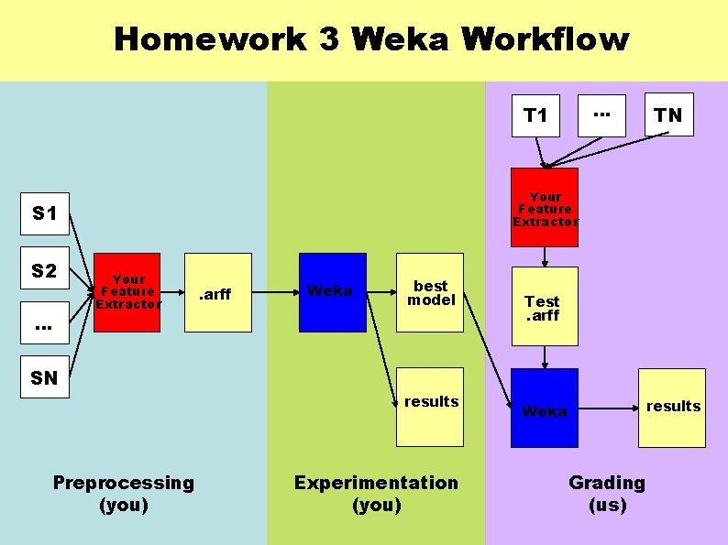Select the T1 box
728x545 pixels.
tap(535, 114)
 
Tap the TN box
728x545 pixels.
tap(668, 114)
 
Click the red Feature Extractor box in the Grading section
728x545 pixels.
tap(545, 208)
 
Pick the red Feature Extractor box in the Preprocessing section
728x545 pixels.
tap(127, 291)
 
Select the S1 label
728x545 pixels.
tap(44, 213)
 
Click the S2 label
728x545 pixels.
tap(44, 271)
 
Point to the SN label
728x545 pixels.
tap(44, 377)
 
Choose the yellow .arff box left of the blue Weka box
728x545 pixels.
tap(216, 292)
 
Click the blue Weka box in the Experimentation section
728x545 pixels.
tap(332, 291)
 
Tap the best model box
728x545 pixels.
tap(430, 292)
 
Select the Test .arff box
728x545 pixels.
tap(544, 307)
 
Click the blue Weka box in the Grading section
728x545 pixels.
tap(544, 409)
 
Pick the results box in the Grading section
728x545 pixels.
tap(672, 407)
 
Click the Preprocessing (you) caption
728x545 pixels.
tap(123, 493)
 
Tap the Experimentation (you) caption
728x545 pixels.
tap(376, 493)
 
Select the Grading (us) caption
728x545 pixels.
tap(606, 493)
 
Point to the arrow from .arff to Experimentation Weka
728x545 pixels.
tap(275, 292)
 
